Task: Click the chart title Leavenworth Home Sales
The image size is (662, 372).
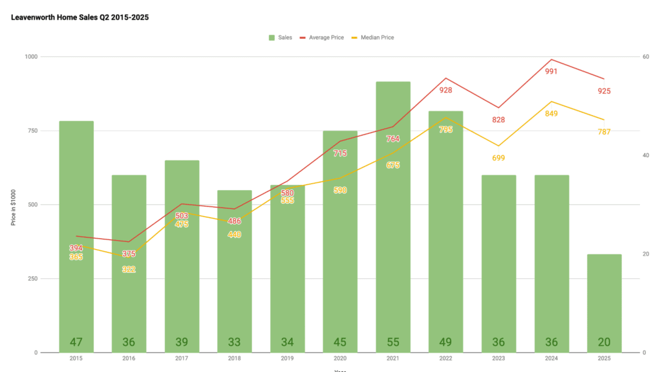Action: (x=80, y=17)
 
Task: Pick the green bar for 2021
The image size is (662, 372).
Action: (x=393, y=213)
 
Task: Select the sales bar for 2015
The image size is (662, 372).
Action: (x=76, y=233)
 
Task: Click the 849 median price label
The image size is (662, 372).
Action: (x=551, y=114)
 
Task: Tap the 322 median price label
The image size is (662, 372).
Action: (x=129, y=269)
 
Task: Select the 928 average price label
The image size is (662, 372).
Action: (x=445, y=91)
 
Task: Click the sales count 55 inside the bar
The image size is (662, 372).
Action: (x=393, y=342)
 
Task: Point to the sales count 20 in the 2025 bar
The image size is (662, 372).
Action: (x=604, y=342)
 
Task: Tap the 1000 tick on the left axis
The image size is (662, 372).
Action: (x=30, y=57)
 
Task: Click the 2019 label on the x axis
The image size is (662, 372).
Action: (x=287, y=359)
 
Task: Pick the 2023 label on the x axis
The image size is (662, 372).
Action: (x=498, y=359)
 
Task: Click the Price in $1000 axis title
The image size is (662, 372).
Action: (x=13, y=205)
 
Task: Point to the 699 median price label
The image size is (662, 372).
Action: (x=498, y=158)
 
